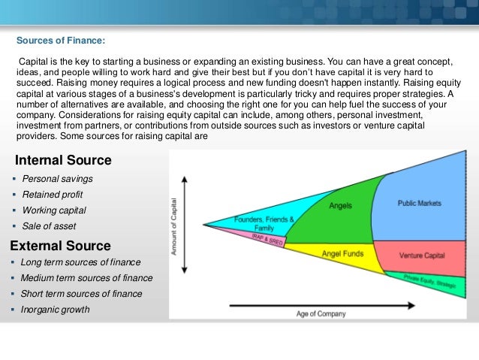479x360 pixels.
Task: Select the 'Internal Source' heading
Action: click(x=63, y=160)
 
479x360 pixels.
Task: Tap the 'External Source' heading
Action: click(x=60, y=246)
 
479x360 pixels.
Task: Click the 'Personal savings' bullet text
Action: click(x=58, y=179)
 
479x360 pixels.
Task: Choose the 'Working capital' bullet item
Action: click(x=54, y=210)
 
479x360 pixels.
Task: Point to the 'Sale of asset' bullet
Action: click(x=49, y=226)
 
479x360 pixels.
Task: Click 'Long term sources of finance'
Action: click(x=81, y=262)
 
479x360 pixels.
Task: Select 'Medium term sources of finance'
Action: click(x=87, y=278)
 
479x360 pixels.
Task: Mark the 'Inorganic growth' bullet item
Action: click(x=56, y=310)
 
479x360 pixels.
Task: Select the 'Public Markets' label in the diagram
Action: click(x=419, y=203)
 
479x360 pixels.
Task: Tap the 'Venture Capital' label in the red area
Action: click(x=422, y=256)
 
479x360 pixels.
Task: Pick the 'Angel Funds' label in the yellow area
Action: click(x=342, y=254)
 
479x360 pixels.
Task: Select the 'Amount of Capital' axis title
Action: click(x=174, y=225)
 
